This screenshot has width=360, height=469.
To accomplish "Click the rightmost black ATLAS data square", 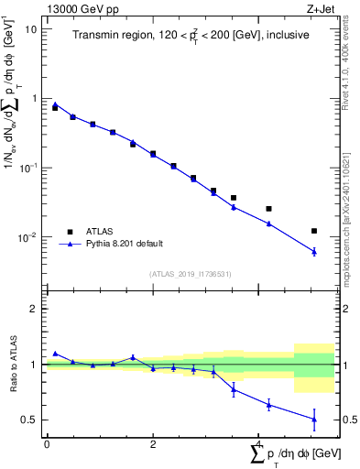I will pos(314,231).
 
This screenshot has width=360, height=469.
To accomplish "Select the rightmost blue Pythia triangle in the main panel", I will pos(314,251).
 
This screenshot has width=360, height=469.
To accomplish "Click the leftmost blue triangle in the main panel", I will pos(55,104).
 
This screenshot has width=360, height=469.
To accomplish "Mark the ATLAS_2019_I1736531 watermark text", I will pos(190,274).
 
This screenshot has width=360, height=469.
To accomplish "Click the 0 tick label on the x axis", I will pos(47,444).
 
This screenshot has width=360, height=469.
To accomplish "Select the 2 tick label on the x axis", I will pos(153,444).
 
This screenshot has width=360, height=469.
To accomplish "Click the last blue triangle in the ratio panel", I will pos(314,420).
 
